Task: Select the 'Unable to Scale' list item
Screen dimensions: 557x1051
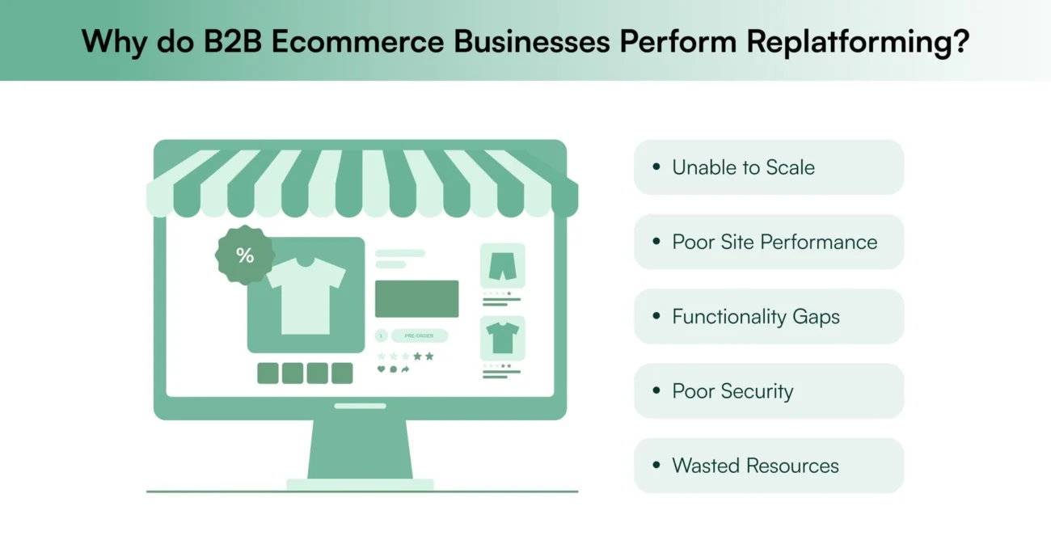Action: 743,167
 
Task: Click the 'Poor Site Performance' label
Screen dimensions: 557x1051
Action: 774,242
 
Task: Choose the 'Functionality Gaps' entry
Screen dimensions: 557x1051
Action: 755,316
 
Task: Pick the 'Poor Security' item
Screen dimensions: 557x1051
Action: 732,391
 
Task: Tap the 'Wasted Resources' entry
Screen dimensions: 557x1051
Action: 755,466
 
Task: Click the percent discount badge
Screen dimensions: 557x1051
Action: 245,255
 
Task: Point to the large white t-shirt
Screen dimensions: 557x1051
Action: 306,294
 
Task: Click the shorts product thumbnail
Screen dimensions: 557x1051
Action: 502,264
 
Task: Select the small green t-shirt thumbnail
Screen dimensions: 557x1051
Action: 502,337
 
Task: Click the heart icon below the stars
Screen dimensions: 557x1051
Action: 382,369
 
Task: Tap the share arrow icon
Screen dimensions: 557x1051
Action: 405,369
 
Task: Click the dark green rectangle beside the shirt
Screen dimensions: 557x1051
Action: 416,298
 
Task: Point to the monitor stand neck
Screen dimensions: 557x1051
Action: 360,449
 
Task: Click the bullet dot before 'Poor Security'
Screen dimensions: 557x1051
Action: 656,391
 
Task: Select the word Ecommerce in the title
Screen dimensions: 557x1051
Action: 357,41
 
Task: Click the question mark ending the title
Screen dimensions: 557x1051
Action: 960,41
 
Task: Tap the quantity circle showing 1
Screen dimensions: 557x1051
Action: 381,335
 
